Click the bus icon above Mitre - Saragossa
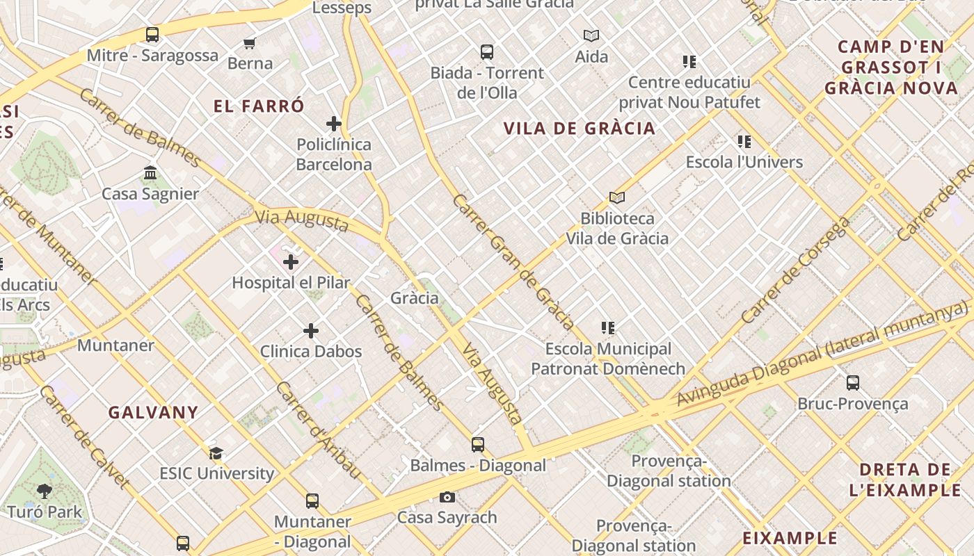click(152, 34)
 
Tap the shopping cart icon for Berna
click(250, 43)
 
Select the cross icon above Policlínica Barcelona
click(334, 124)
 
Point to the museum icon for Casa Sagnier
click(150, 172)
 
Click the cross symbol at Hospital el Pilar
click(291, 262)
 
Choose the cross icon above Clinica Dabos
click(311, 331)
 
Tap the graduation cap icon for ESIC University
click(216, 453)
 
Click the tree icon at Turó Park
click(45, 491)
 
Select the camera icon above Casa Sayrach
click(447, 497)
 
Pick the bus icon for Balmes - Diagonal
click(478, 445)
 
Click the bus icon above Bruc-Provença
click(853, 382)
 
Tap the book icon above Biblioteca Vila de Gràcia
click(616, 197)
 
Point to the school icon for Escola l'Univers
click(744, 142)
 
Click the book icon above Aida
click(591, 35)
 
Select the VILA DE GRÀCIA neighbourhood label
click(580, 128)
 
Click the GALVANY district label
click(154, 412)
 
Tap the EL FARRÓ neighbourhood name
click(259, 106)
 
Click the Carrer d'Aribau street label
click(319, 430)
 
